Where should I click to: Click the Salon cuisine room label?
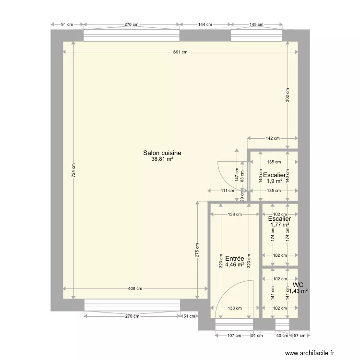point(162,153)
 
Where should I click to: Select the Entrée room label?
point(235,258)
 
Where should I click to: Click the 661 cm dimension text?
point(180,52)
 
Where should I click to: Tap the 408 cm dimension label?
point(135,288)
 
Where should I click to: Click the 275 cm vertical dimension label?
point(197,253)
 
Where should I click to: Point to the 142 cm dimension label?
point(272,138)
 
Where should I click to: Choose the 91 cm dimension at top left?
point(67,24)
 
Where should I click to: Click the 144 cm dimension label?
point(205,24)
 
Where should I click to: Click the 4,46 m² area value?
point(235,264)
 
